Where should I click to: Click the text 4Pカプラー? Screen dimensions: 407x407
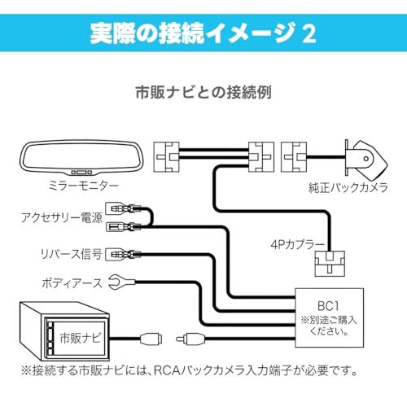298,243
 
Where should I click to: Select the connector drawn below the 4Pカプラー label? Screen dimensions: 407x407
329,263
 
